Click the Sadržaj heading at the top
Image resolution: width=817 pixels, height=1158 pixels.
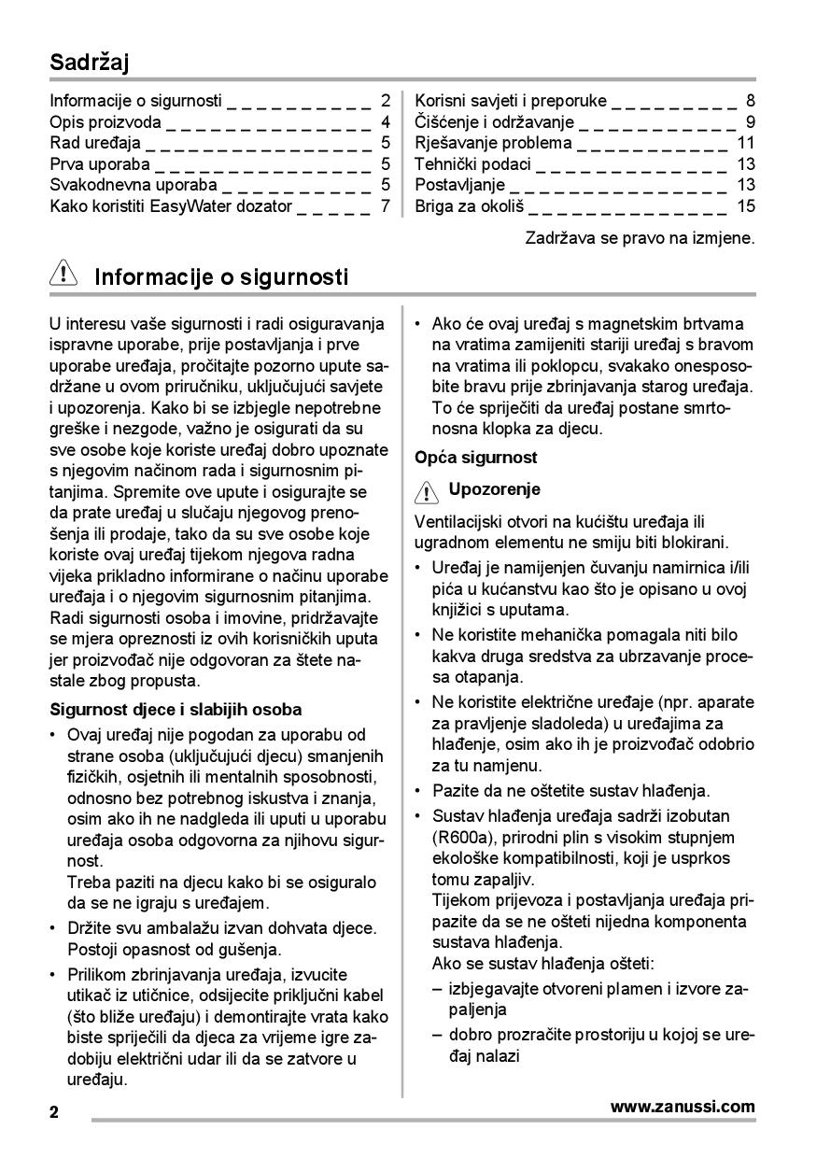coord(90,63)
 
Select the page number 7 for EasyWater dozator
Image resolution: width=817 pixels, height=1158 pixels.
coord(385,205)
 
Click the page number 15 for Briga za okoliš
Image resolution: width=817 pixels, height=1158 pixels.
coord(745,205)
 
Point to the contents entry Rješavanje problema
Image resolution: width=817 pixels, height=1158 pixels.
coord(493,143)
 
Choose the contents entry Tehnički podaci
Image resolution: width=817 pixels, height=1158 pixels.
coord(473,163)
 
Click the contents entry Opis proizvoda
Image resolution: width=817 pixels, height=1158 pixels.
coord(106,121)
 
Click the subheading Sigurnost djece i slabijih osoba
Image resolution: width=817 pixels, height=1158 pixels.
coord(176,709)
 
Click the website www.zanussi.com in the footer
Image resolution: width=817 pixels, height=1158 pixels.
coord(683,1107)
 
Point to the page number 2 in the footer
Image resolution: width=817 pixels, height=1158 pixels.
coord(54,1112)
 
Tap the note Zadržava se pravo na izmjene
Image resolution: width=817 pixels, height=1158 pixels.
coord(640,237)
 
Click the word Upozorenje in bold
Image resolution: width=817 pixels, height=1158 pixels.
coord(494,489)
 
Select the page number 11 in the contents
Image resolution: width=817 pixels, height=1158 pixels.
coord(745,143)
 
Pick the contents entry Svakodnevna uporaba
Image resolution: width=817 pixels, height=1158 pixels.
coord(134,184)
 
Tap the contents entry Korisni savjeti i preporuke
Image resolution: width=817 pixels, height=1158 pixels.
coord(511,101)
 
